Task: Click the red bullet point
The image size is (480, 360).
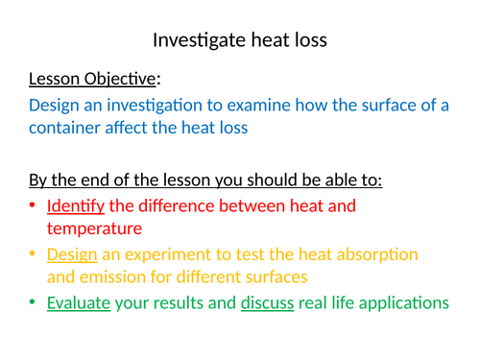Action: pyautogui.click(x=34, y=205)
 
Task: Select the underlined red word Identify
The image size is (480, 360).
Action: pyautogui.click(x=75, y=204)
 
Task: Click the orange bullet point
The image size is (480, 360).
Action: pyautogui.click(x=34, y=254)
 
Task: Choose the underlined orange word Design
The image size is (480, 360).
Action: pyautogui.click(x=71, y=253)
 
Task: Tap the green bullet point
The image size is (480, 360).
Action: pyautogui.click(x=34, y=303)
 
